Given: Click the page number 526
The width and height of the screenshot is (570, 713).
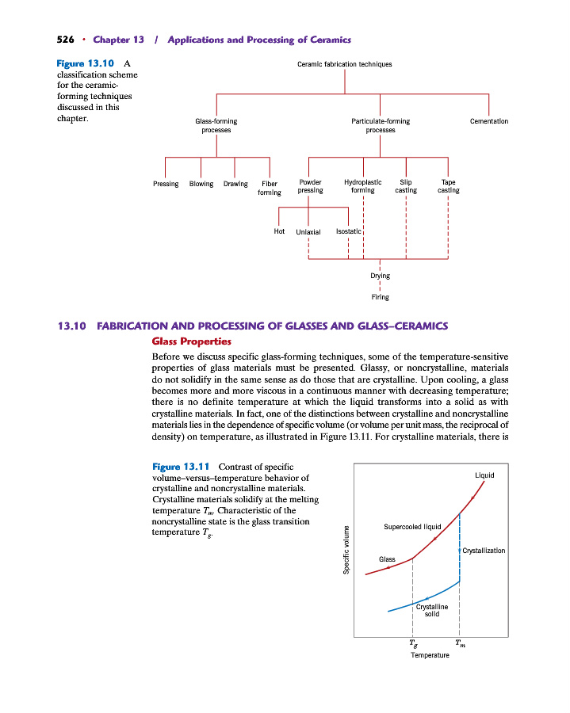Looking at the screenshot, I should click(x=67, y=40).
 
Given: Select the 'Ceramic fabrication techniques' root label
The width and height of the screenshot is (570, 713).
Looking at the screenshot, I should click(x=344, y=64).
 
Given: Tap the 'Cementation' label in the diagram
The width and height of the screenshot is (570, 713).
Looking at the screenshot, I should click(x=488, y=121).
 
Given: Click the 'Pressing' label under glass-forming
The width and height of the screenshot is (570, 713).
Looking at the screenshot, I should click(x=166, y=184).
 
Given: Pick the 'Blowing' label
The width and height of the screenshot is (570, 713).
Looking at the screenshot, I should click(x=201, y=184).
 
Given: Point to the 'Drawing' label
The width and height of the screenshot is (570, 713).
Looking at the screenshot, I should click(x=235, y=184).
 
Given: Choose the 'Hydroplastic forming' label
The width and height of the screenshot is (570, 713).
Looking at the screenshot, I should click(x=363, y=186).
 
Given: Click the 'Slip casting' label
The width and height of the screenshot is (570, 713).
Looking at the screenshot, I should click(x=406, y=186).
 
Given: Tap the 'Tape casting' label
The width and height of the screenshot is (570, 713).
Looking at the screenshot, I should click(x=448, y=186).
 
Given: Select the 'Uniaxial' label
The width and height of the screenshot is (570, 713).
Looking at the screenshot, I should click(x=308, y=232).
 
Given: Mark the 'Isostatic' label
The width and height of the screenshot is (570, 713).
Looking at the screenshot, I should click(x=349, y=231).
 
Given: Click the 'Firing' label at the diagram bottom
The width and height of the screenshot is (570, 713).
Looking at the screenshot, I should click(x=381, y=297).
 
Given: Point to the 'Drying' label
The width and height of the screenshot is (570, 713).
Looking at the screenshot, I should click(x=381, y=276).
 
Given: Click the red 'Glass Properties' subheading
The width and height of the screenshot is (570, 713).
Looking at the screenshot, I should click(x=191, y=341).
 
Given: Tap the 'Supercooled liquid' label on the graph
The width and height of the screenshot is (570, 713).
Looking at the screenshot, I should click(x=412, y=526).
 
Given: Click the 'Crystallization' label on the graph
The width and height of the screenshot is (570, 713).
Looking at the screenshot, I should click(x=484, y=550).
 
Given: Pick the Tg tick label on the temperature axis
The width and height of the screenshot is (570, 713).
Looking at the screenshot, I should click(x=412, y=643).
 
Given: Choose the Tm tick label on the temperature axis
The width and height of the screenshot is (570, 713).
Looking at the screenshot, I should click(x=461, y=643).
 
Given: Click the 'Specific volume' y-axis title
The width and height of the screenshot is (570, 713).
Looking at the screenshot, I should click(x=346, y=551).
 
